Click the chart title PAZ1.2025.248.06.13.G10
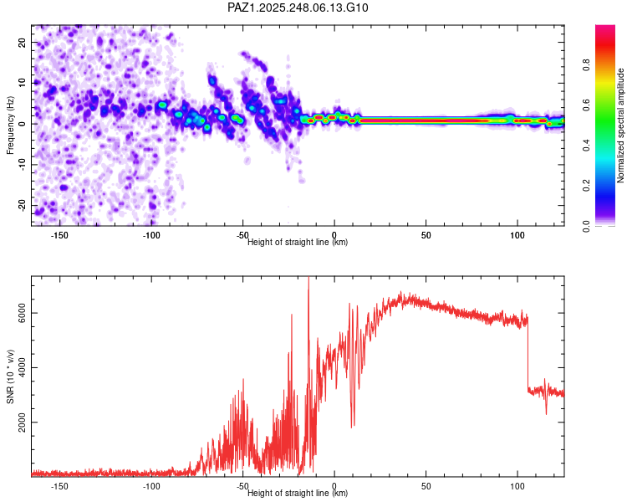tap(298, 8)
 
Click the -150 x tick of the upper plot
tap(59, 235)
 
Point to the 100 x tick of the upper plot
tap(517, 235)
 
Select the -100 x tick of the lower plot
tap(151, 486)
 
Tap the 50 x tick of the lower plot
tap(426, 486)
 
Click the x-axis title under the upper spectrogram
tap(298, 243)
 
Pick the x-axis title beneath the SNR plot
tap(298, 494)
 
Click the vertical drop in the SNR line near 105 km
tap(528, 351)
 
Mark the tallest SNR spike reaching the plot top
tap(308, 281)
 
